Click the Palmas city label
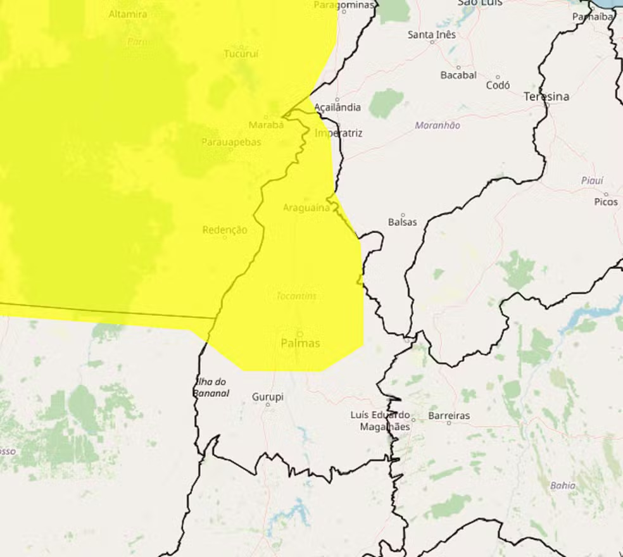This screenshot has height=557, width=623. point(300,343)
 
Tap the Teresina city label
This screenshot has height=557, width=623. point(546,97)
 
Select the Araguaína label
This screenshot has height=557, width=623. point(306,208)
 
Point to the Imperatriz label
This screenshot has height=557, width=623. point(339,134)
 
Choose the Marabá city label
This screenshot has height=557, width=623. point(266,125)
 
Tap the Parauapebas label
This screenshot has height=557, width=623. point(231,142)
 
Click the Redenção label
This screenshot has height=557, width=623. point(225,230)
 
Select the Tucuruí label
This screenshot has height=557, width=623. point(241,54)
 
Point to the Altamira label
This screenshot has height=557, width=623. point(128,14)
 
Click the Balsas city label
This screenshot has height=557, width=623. point(403,222)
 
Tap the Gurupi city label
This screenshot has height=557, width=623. point(268,397)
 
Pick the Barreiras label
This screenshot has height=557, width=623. point(450,416)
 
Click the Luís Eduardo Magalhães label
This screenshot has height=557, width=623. point(381,421)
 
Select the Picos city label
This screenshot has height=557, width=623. point(606,202)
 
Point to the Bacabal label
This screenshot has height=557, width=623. point(458,75)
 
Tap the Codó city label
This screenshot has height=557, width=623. point(498,85)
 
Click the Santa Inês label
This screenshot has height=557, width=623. point(432,35)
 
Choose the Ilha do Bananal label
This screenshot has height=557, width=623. point(211,387)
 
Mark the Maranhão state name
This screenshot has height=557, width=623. point(437,125)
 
